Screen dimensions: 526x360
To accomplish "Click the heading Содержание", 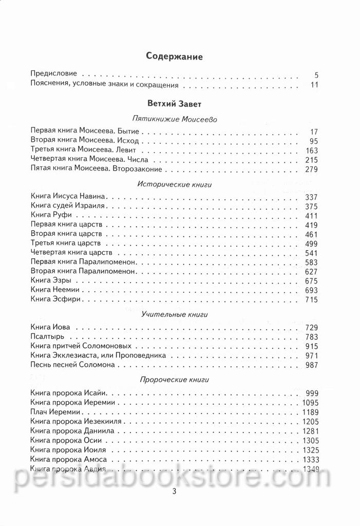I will tap(174, 57).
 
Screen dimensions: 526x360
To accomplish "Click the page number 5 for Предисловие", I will tap(316, 74).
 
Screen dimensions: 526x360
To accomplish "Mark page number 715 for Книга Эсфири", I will tap(311, 299).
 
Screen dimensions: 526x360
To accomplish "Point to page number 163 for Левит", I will tap(311, 151).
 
